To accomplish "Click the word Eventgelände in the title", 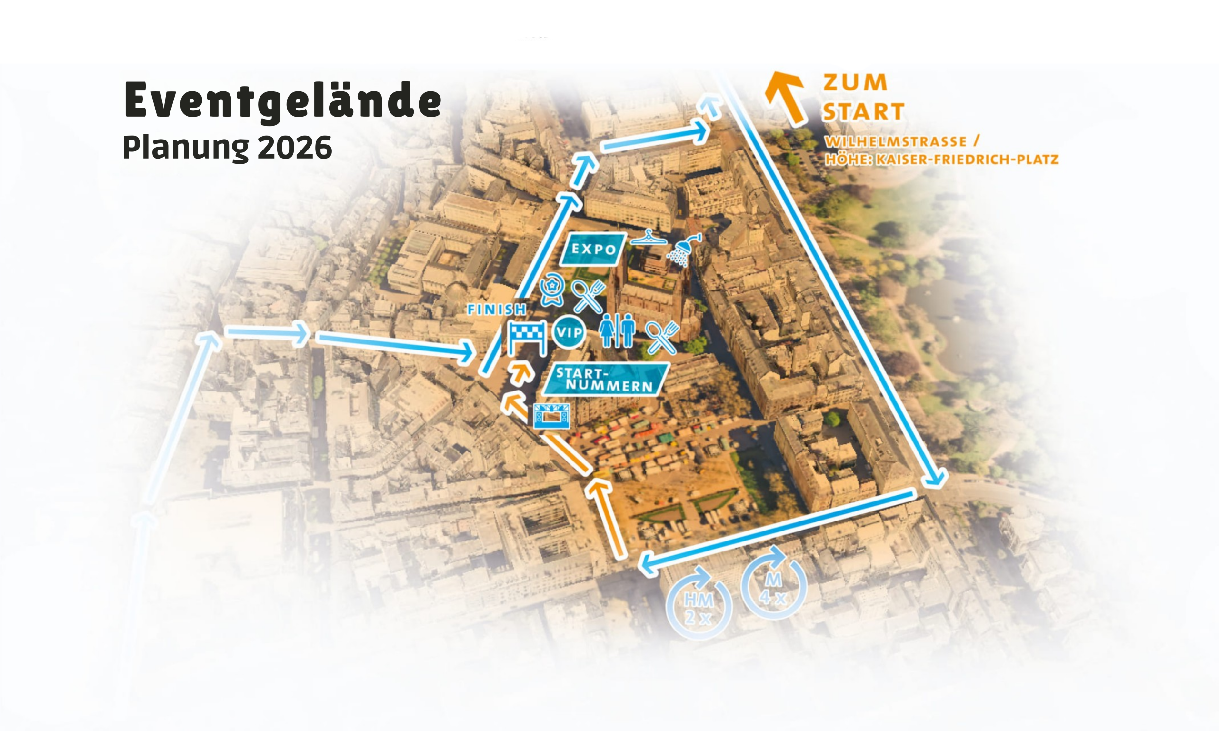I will pyautogui.click(x=282, y=101).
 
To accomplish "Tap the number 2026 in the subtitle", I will pyautogui.click(x=295, y=147).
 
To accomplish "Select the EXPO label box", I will pyautogui.click(x=593, y=249).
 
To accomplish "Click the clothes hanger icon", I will pyautogui.click(x=648, y=238).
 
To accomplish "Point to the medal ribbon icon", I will pyautogui.click(x=551, y=291).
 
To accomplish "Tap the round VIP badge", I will pyautogui.click(x=569, y=332).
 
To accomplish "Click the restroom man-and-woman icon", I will pyautogui.click(x=617, y=330).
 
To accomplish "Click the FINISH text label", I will pyautogui.click(x=497, y=310).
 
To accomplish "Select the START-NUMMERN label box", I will pyautogui.click(x=606, y=379).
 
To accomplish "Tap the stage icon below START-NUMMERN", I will pyautogui.click(x=551, y=416).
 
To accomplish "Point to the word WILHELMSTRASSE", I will pyautogui.click(x=895, y=142).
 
